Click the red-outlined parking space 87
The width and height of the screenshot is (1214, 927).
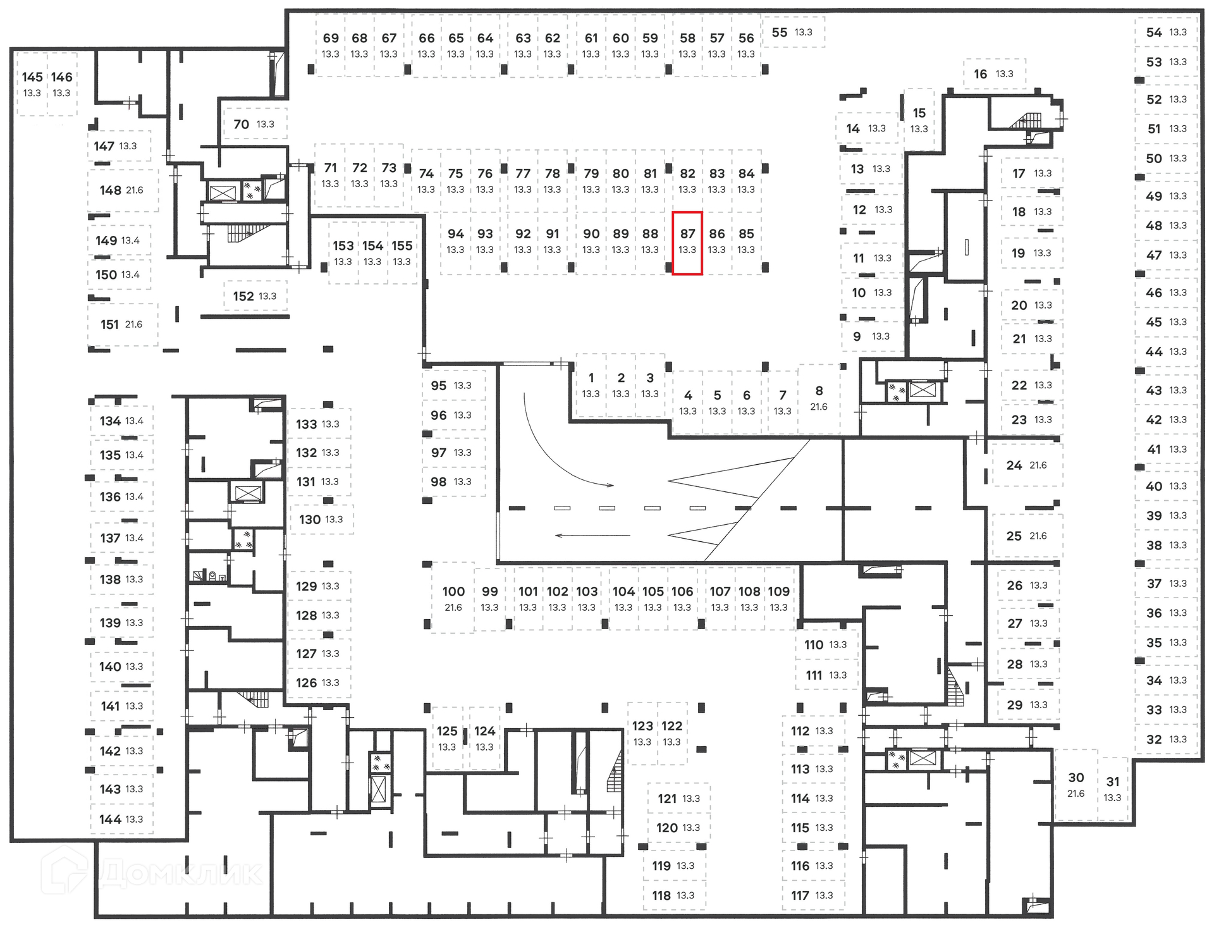(687, 243)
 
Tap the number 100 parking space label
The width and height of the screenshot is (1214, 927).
(453, 592)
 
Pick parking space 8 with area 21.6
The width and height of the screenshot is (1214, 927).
(819, 398)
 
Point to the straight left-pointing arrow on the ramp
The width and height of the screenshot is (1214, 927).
(592, 536)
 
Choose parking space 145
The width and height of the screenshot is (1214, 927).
(32, 83)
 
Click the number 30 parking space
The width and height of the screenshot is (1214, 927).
(1076, 785)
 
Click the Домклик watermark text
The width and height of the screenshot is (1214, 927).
(180, 874)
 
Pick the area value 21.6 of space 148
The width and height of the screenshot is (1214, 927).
(135, 190)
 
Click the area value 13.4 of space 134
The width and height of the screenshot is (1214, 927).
(134, 421)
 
